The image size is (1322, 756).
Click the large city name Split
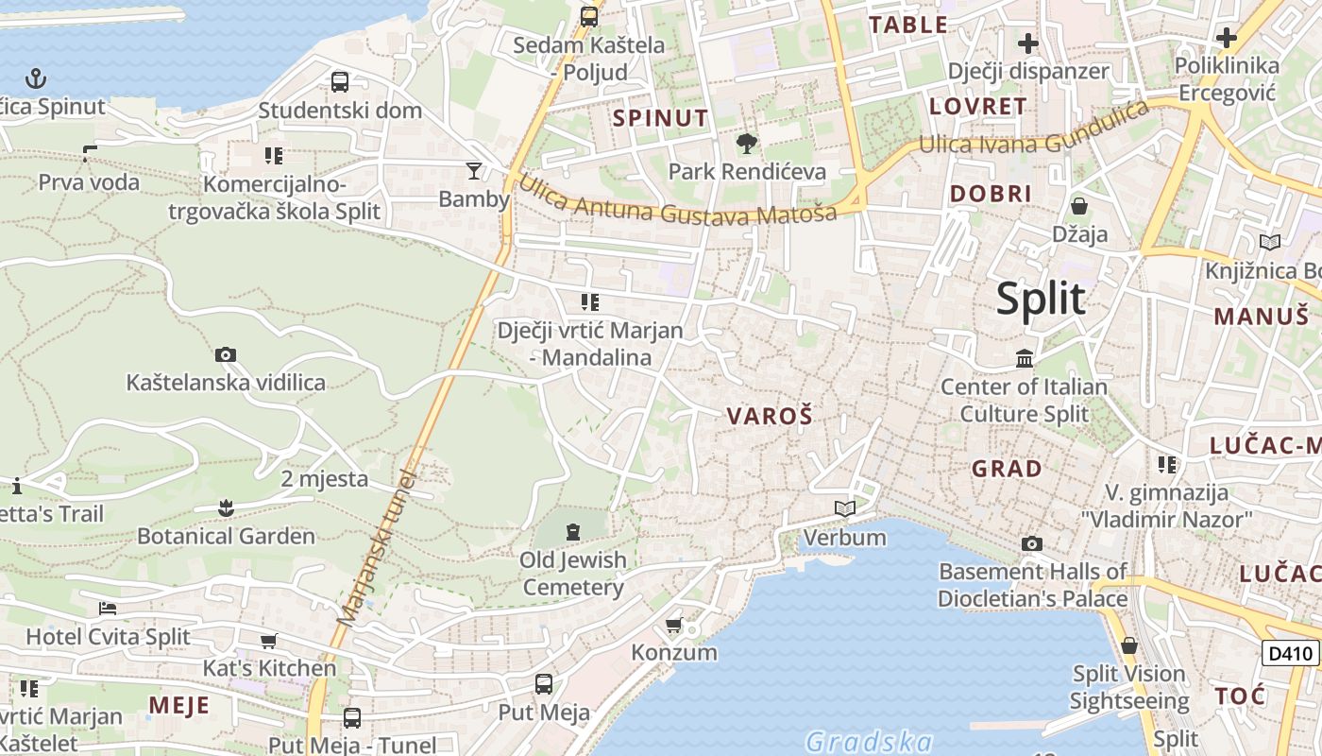click(1041, 299)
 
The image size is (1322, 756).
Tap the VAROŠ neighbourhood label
click(770, 416)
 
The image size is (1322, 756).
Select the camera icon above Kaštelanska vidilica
click(226, 355)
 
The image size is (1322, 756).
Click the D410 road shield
click(1290, 653)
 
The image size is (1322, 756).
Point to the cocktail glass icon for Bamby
click(474, 171)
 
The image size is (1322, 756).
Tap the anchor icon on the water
click(36, 78)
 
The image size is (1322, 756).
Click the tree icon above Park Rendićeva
click(747, 144)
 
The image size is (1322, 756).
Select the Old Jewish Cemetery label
click(573, 574)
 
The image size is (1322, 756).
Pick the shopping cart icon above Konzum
click(674, 625)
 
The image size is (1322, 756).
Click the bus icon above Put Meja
click(544, 684)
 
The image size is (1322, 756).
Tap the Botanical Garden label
click(226, 536)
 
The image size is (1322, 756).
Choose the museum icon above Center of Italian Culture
click(1025, 358)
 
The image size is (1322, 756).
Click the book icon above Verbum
click(844, 509)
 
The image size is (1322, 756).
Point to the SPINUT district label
click(660, 118)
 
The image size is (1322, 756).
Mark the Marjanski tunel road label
click(377, 548)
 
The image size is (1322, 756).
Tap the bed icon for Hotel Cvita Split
click(108, 608)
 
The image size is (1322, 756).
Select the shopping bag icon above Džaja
click(1079, 205)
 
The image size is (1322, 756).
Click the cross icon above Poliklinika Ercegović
click(1227, 38)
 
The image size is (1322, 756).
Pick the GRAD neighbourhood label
click(1007, 469)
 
